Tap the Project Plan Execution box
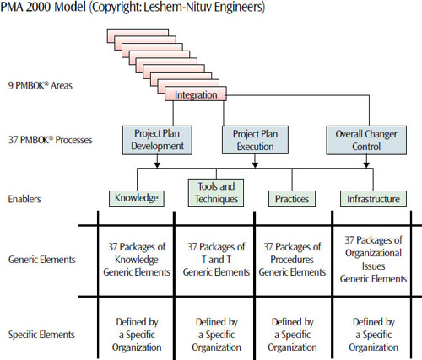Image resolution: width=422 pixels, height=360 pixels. coord(254,138)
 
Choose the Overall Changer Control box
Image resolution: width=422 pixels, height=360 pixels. coord(368,138)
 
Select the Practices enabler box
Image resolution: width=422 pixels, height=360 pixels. coord(290,199)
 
